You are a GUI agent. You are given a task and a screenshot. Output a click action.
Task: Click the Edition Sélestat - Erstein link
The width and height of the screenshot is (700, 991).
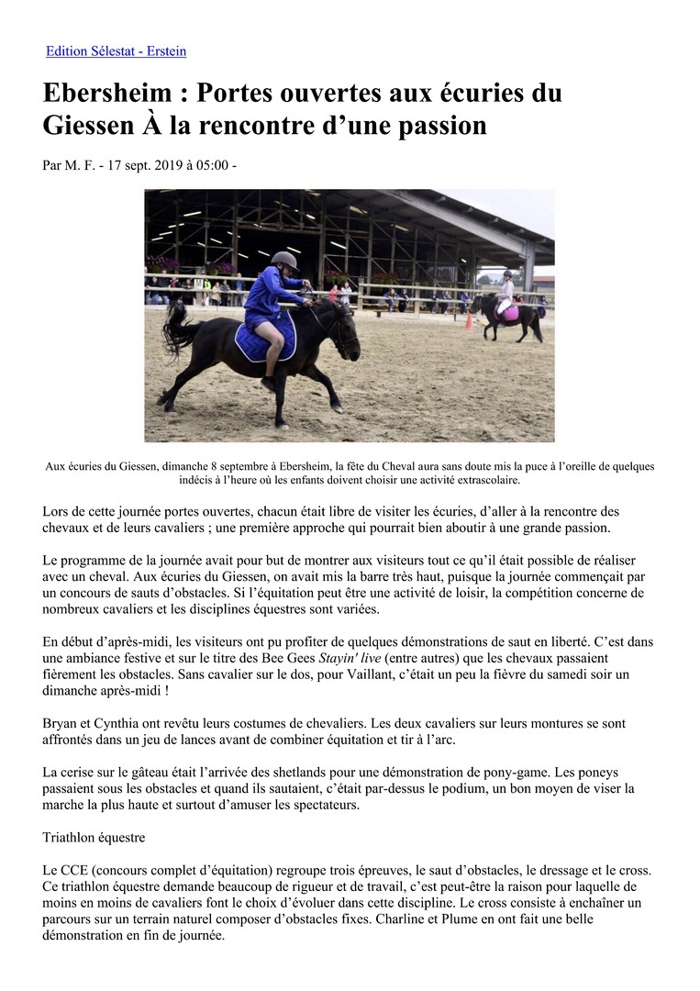(x=117, y=51)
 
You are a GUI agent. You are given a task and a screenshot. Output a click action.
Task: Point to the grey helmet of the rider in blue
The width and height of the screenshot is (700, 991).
(x=284, y=260)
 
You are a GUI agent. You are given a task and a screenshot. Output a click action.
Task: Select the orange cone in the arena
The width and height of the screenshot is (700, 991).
(x=469, y=320)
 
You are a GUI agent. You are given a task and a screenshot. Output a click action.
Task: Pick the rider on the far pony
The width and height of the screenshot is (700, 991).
(x=506, y=292)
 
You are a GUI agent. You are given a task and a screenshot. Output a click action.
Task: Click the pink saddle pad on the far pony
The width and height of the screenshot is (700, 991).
(x=507, y=312)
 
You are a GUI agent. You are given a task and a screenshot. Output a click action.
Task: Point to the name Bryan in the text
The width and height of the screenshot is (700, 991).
(x=60, y=723)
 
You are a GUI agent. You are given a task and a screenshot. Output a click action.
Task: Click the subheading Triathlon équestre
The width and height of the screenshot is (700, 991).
(x=94, y=838)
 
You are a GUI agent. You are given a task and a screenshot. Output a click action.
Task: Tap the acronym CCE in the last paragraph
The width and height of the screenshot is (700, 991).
(x=73, y=870)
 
